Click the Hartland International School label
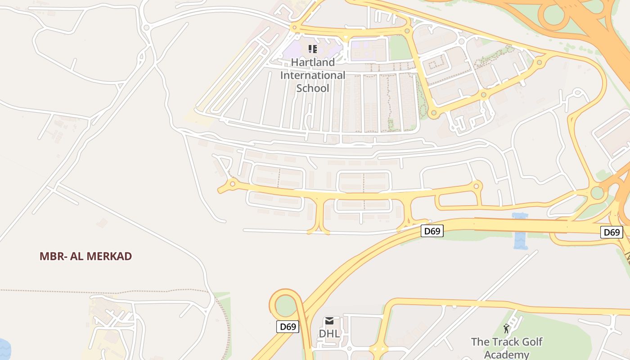pos(313,75)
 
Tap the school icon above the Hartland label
pos(313,49)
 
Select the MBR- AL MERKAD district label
pos(85,256)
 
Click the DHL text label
pos(329,333)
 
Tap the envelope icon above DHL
pos(329,321)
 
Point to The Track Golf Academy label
pos(507,348)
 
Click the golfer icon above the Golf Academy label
pos(507,328)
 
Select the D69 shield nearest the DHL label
pos(288,327)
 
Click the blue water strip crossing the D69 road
pos(520,232)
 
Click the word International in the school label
pos(313,75)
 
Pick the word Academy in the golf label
pos(507,355)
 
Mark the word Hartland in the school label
pos(313,62)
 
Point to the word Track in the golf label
pos(507,342)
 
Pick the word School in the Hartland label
pos(313,88)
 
